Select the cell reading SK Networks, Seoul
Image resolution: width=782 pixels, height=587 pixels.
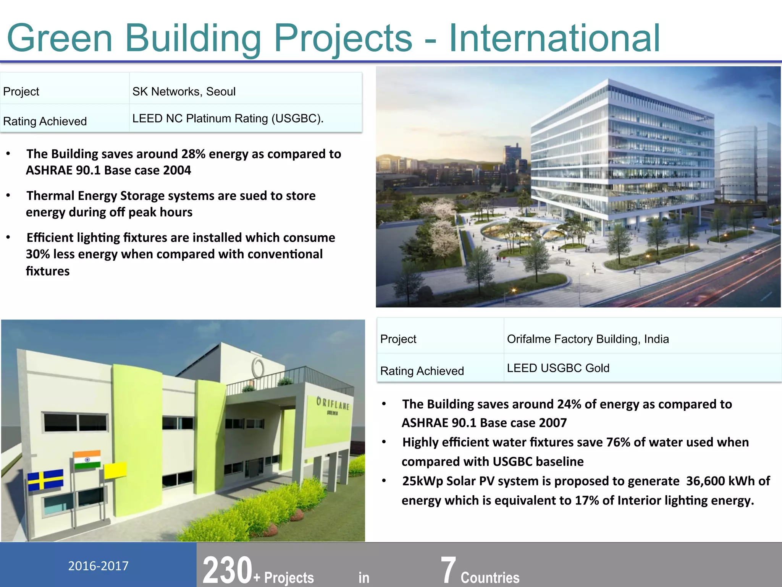[x=184, y=92]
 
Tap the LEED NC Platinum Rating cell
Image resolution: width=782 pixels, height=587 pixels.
[x=228, y=118]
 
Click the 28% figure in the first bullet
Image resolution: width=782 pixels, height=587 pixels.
[x=193, y=154]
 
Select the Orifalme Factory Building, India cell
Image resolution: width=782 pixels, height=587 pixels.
[x=588, y=339]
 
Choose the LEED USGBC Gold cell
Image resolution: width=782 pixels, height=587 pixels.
[x=558, y=368]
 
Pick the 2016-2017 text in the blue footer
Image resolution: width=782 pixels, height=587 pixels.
[x=98, y=566]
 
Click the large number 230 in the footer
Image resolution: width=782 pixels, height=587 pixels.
[x=228, y=570]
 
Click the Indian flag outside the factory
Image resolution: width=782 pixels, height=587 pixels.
[x=87, y=459]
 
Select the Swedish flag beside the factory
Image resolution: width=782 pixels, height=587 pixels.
[x=45, y=480]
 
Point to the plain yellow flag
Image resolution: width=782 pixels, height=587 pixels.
[x=115, y=470]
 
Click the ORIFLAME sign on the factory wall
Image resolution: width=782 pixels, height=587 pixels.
[x=333, y=404]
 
